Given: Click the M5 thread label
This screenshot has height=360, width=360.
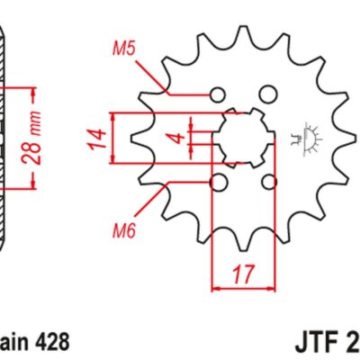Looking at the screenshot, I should (x=124, y=48).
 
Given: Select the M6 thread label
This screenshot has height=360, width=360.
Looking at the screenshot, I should (x=124, y=231).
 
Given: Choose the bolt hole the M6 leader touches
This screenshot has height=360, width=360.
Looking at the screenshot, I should (x=217, y=183).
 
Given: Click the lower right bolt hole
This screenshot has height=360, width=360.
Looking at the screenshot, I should (x=266, y=183).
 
